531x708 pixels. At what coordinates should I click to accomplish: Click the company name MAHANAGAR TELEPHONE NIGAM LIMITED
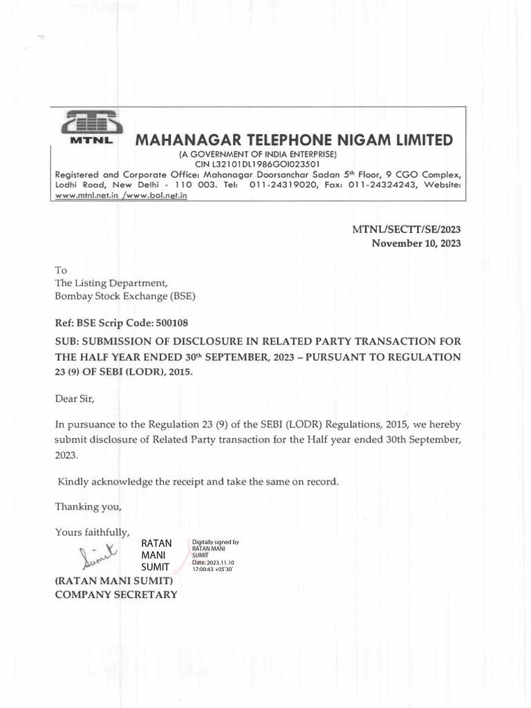[294, 140]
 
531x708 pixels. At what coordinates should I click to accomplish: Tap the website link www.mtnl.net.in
[86, 196]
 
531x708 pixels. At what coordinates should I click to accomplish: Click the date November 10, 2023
[416, 243]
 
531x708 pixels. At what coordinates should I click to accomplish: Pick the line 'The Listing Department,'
[111, 283]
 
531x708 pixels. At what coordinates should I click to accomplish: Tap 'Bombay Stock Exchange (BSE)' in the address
[125, 296]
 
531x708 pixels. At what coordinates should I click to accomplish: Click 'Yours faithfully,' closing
[92, 532]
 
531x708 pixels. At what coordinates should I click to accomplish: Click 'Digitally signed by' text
[215, 543]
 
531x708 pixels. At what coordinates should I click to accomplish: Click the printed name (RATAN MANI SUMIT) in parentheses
[113, 581]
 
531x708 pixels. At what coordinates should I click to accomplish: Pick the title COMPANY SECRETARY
[116, 594]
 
